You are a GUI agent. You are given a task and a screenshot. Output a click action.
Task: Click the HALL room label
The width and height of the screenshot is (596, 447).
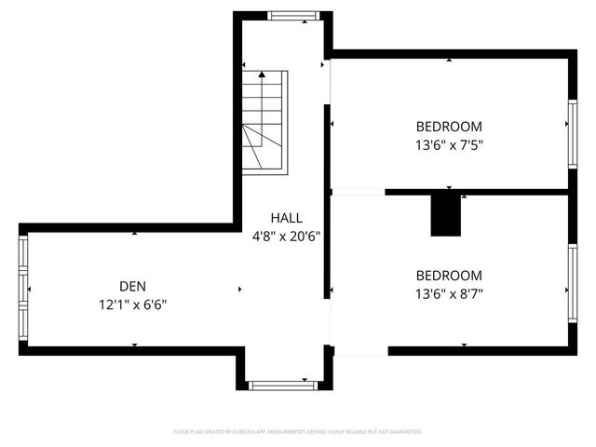point(286,218)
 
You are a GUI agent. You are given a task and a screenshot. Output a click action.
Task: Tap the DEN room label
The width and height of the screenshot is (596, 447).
point(132,287)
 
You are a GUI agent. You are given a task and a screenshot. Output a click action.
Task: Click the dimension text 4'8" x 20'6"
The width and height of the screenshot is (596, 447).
point(286,237)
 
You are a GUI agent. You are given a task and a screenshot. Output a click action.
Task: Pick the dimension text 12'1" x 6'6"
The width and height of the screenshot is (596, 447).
point(132,305)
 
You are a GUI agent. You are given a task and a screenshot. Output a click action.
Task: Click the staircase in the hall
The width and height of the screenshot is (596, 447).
point(265,121)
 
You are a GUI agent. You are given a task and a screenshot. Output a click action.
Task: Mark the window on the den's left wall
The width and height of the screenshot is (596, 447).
point(24,289)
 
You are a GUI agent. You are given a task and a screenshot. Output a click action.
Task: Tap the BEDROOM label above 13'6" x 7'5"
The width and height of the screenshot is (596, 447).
point(449,127)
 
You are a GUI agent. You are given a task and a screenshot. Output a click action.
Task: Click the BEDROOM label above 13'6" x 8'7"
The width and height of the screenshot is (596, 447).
point(449,276)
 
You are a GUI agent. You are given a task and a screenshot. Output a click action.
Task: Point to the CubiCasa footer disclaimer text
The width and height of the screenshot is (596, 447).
point(298,432)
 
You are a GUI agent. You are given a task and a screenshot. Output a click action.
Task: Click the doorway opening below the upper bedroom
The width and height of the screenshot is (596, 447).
point(359,192)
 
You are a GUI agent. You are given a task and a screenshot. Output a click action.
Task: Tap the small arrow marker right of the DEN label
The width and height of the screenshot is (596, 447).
point(240,290)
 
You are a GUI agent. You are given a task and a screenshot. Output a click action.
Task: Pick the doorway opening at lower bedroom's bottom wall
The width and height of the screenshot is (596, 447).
point(359,350)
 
